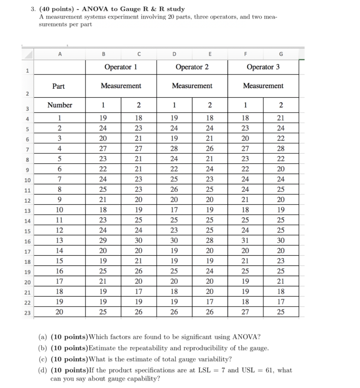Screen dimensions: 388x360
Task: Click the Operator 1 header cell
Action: coord(121,67)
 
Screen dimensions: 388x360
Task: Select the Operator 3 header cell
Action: coord(263,67)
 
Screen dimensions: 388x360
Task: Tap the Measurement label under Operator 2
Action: coord(192,86)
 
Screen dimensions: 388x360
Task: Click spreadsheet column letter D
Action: coord(174,54)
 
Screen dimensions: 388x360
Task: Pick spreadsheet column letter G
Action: coord(281,54)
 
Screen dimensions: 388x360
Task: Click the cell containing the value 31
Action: coord(245,241)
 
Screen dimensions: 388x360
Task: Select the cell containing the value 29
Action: coord(103,241)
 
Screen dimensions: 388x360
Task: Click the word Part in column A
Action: coord(58,86)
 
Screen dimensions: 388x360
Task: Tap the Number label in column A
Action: coord(60,105)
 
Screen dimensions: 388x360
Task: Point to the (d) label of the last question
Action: coord(44,370)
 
